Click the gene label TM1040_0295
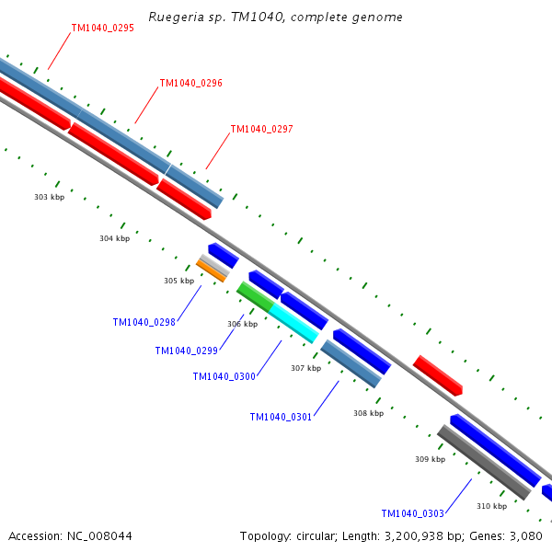(x=103, y=28)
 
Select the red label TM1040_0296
(x=191, y=83)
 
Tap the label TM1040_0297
(x=262, y=129)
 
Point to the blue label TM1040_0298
(x=144, y=323)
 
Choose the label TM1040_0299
(x=187, y=351)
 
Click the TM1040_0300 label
(x=224, y=376)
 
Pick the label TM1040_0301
(x=281, y=417)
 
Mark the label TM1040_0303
(x=413, y=513)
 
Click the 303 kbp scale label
(x=50, y=197)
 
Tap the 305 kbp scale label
(x=178, y=281)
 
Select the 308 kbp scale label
(x=369, y=413)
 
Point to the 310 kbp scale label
(x=492, y=506)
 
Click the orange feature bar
(x=211, y=271)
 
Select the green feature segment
(x=255, y=297)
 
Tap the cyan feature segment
(x=294, y=323)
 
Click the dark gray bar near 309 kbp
(x=484, y=462)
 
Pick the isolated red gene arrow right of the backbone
(x=438, y=375)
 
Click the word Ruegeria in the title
(x=176, y=17)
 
